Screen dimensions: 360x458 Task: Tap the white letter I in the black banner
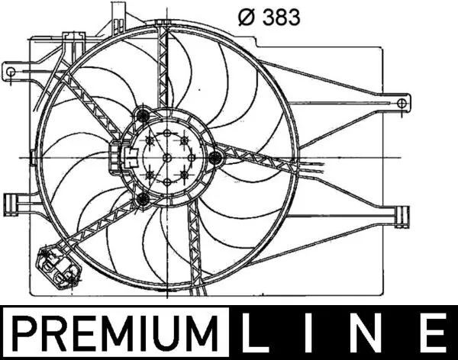[x=319, y=333]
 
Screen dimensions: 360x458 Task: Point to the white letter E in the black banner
[x=434, y=333]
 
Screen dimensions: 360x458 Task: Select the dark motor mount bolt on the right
[x=215, y=158]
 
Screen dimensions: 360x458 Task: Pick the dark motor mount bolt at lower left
[x=142, y=200]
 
